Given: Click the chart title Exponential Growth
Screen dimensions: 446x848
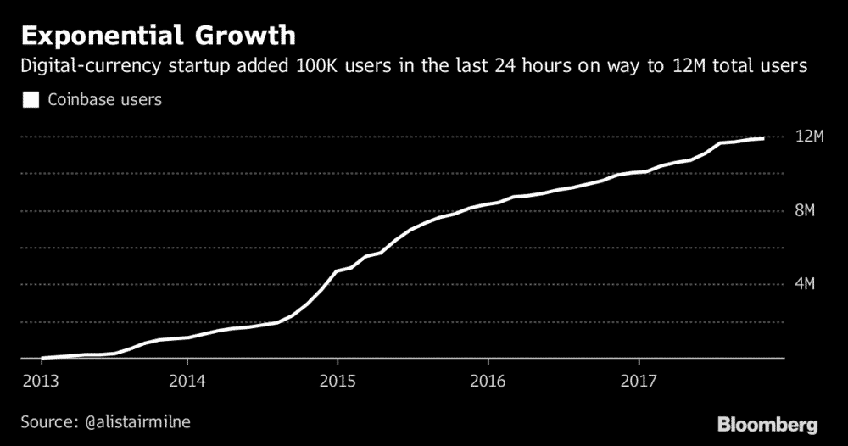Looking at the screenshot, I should click(159, 36).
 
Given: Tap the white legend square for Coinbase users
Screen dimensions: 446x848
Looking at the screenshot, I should click(31, 99).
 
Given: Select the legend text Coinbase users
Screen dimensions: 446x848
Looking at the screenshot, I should click(104, 99).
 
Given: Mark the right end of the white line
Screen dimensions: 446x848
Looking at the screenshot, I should click(764, 137).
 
